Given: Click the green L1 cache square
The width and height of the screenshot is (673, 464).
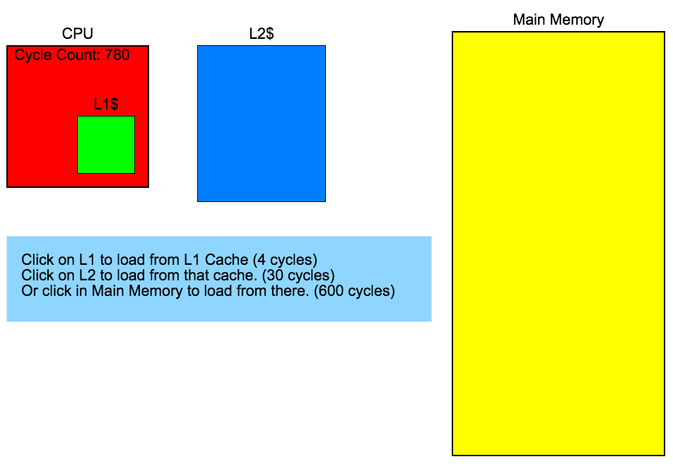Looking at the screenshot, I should click(x=106, y=145).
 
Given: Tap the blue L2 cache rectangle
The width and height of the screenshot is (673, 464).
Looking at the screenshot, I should click(x=262, y=124).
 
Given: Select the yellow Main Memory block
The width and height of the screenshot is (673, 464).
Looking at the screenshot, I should click(x=558, y=244).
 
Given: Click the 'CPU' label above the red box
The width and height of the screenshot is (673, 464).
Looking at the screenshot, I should click(x=78, y=33).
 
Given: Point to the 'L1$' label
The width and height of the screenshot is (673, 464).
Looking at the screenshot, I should click(x=106, y=105).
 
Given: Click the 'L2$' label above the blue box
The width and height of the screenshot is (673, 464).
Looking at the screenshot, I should click(x=262, y=33).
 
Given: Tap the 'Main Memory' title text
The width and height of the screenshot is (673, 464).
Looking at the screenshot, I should click(x=558, y=19).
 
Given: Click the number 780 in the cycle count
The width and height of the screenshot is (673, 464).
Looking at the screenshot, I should click(x=117, y=55).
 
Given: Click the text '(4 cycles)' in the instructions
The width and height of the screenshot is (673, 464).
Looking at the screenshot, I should click(x=285, y=259).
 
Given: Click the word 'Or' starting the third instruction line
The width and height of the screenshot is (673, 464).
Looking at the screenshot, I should click(x=29, y=290).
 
